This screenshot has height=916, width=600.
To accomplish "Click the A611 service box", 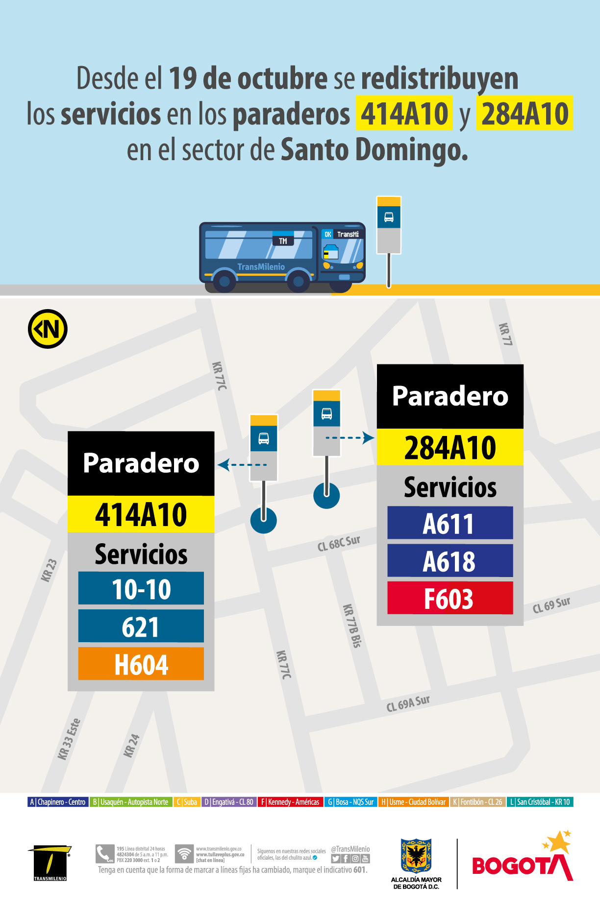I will point(450,523).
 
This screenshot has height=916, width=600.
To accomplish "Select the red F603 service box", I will point(450,598).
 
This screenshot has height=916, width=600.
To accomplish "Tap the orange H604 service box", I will point(141,664).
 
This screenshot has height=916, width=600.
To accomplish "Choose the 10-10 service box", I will point(141,588).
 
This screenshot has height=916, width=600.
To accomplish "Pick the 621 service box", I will point(141,626).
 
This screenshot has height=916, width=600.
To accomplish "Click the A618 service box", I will point(450,561).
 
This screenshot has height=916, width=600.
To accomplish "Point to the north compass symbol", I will point(48,329).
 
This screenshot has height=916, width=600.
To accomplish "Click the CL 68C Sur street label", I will point(339,543).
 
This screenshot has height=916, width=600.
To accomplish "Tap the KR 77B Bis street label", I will point(352,626).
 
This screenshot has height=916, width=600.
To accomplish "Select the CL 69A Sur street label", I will point(408,703).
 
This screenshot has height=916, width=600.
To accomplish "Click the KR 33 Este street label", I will point(69,739).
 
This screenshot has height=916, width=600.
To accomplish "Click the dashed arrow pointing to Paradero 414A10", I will point(242,464).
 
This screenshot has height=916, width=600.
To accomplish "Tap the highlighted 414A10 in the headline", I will point(404,113).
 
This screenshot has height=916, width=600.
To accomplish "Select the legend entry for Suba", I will point(187,802).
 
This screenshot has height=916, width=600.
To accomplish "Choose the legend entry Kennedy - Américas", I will point(290,802).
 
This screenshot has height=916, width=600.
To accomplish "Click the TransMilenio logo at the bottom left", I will point(50,863).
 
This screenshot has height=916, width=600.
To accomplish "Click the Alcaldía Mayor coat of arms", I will point(416,856).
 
